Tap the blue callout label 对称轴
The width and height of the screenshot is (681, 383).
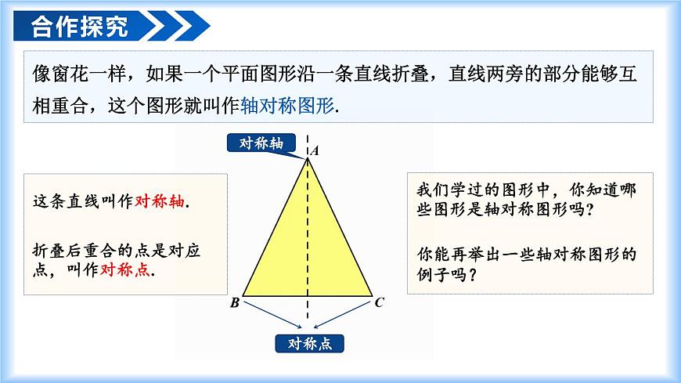pos(261,142)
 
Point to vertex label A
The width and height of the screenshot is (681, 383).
pos(315,150)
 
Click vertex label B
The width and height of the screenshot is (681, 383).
pos(234,303)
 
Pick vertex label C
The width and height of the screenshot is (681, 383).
pos(379,302)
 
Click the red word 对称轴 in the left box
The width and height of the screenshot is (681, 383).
pos(160,201)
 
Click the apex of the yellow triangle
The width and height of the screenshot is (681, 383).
pos(308,157)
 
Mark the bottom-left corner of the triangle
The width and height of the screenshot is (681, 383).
pos(243,297)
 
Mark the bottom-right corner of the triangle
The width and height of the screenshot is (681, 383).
pos(372,297)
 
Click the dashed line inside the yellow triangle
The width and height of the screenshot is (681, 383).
pos(308,235)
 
